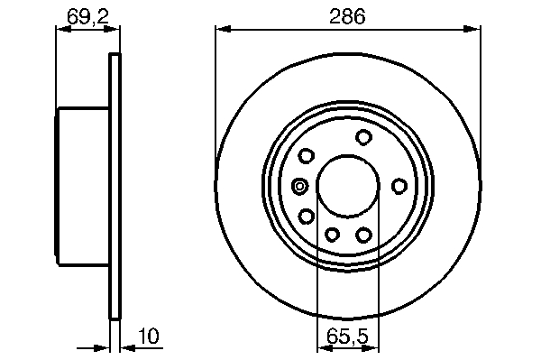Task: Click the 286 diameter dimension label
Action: tap(347, 16)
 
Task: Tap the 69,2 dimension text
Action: tap(88, 16)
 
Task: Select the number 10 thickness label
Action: tap(149, 336)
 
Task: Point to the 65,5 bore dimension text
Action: tap(347, 336)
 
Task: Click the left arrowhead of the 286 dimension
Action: tap(223, 29)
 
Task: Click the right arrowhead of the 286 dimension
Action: tap(472, 29)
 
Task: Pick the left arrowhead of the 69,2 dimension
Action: tap(63, 30)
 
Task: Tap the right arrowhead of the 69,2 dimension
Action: tap(112, 30)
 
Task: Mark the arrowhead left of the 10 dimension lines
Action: tap(102, 348)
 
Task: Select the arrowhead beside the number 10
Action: tap(128, 348)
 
